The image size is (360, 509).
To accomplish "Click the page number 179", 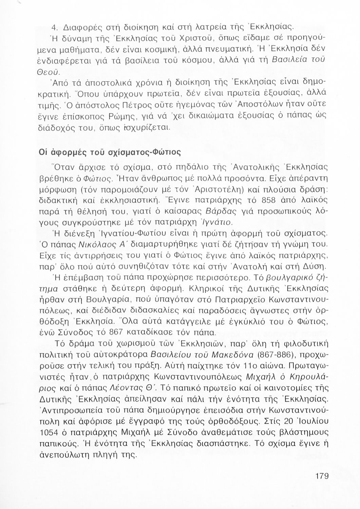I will (322, 476).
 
